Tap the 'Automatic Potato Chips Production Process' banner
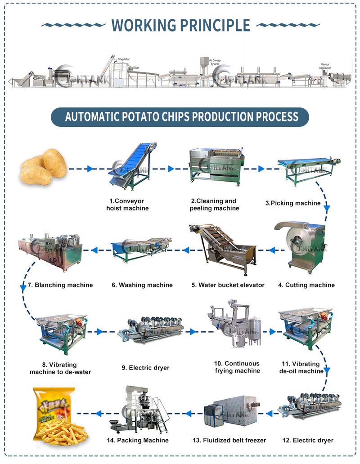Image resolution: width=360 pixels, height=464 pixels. (180, 117)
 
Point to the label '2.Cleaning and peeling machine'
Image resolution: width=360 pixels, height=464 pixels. (214, 205)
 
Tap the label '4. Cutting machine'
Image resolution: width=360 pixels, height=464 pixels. (306, 285)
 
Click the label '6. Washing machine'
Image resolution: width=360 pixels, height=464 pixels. (142, 285)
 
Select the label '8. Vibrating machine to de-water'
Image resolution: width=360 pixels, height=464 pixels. (60, 368)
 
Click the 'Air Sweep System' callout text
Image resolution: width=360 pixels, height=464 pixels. (216, 62)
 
